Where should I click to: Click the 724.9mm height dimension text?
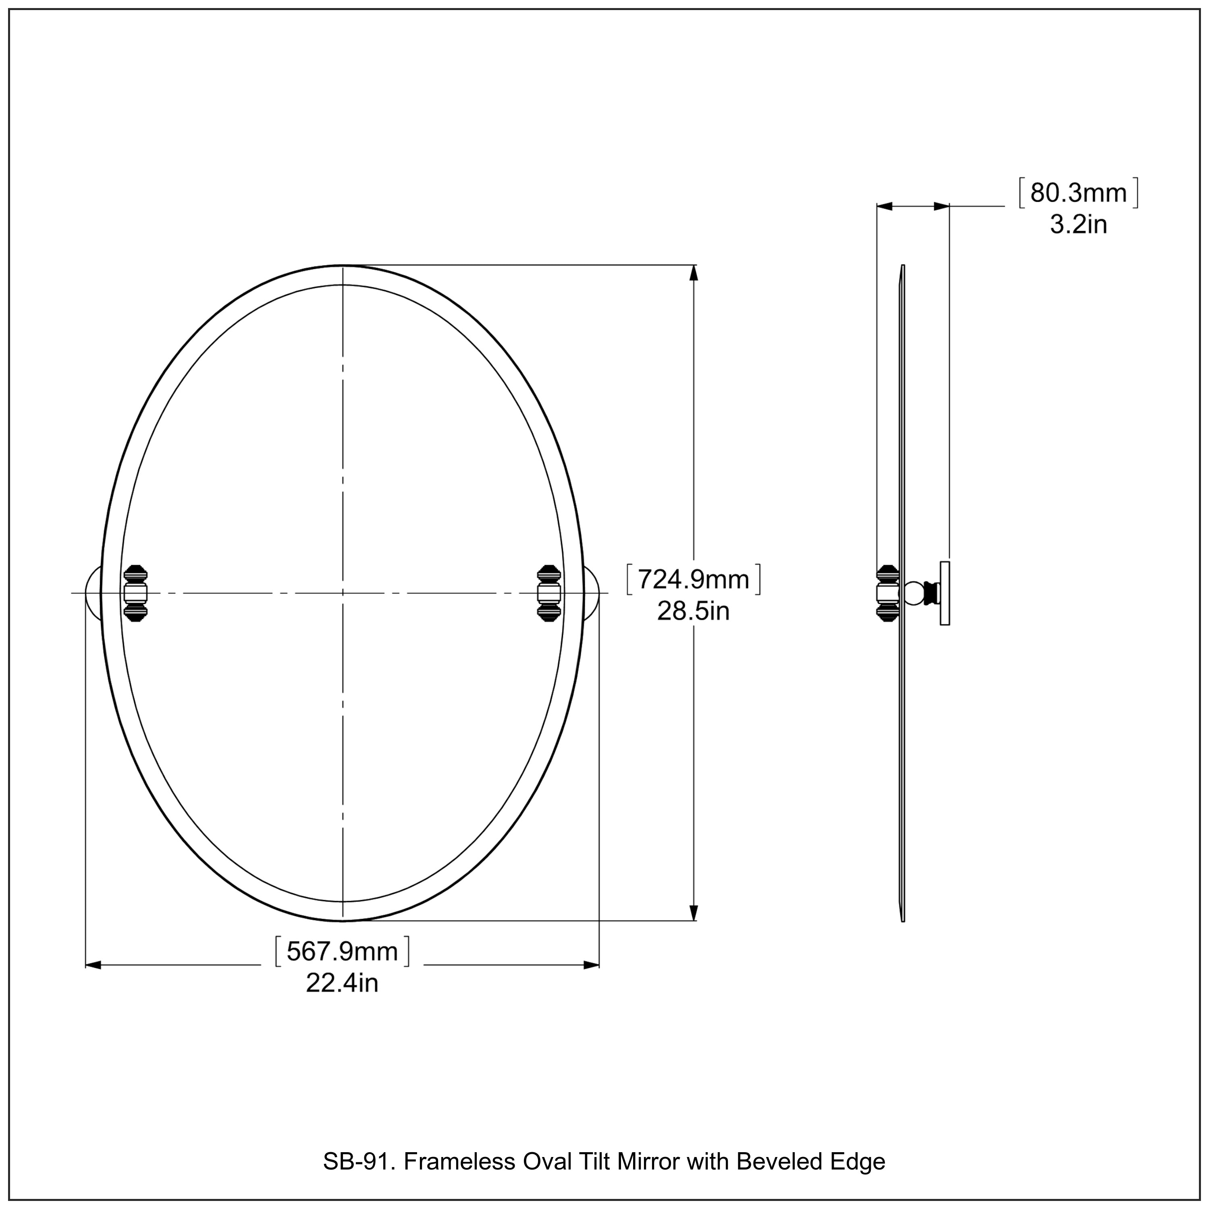click(693, 580)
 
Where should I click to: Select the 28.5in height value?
click(693, 611)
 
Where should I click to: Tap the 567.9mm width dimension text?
click(342, 952)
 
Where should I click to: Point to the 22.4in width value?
click(342, 983)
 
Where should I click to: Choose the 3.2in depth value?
click(1078, 224)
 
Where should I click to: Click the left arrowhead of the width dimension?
click(93, 965)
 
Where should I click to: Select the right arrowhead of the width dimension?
click(591, 965)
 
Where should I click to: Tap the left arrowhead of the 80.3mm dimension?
click(884, 206)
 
